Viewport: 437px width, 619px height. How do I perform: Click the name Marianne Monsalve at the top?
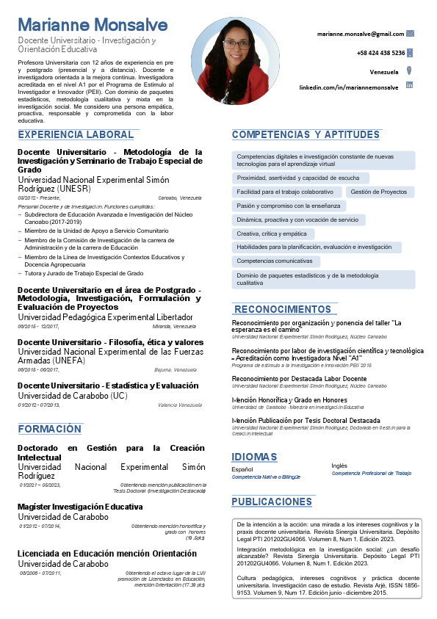point(93,26)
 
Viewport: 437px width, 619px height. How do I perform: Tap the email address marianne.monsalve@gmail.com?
point(361,34)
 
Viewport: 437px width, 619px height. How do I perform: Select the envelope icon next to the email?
point(410,33)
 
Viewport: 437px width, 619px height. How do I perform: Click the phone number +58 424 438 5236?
point(380,53)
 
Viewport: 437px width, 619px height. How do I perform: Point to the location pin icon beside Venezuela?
point(409,71)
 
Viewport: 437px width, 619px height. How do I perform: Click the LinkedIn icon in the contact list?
point(409,87)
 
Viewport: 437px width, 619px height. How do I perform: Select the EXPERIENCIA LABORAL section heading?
point(76,135)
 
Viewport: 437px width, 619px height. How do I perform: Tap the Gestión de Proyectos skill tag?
point(378,192)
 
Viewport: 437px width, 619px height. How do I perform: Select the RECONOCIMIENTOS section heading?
point(283,309)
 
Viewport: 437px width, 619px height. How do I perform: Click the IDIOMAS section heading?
point(254,457)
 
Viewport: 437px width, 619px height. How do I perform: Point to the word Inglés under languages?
point(339,466)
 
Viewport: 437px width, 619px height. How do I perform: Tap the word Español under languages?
point(242,468)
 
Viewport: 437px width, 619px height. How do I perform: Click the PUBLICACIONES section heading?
point(272,502)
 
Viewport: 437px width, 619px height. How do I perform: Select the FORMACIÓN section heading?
point(50,429)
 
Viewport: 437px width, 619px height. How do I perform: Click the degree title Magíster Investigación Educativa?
point(80,507)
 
